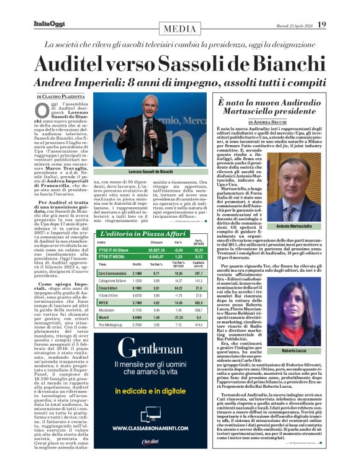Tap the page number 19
click(321, 24)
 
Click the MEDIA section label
click(179, 29)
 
